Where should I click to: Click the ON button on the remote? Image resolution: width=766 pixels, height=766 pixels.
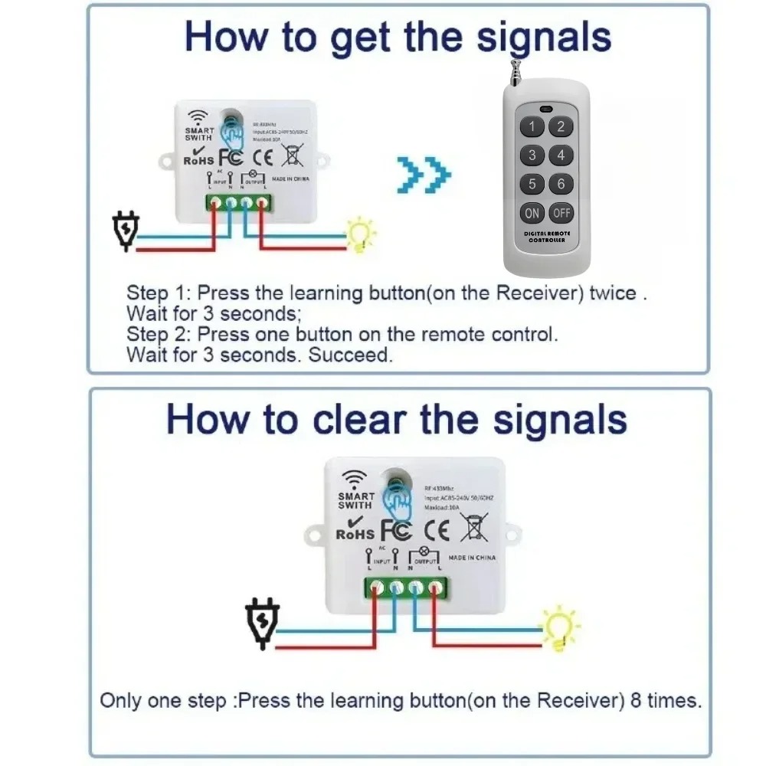[x=532, y=213]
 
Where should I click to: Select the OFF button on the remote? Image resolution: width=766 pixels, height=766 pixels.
[x=561, y=213]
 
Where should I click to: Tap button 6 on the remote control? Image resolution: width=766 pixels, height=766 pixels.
[x=561, y=184]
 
